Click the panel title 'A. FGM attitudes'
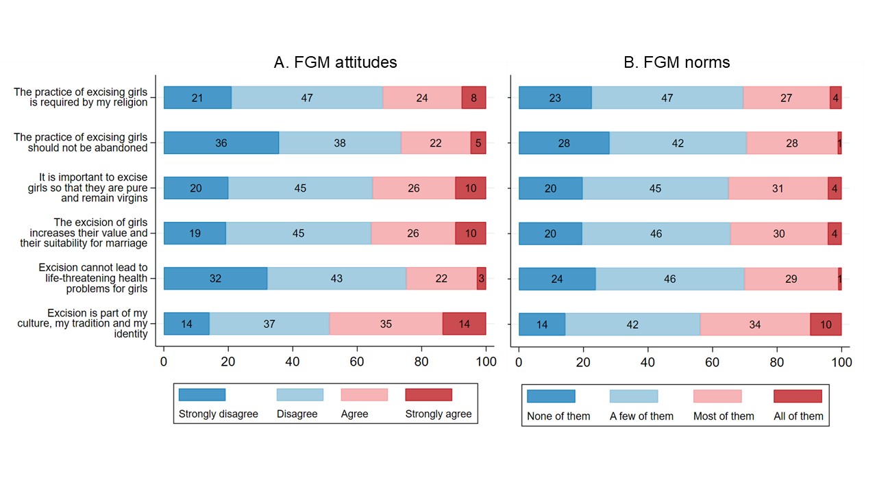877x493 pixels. [335, 62]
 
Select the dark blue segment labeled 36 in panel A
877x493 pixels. [221, 143]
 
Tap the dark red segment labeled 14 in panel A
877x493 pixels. [464, 324]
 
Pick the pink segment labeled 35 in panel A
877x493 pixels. [386, 324]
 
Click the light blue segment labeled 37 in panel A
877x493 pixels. [269, 324]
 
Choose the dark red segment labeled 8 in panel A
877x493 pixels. [473, 98]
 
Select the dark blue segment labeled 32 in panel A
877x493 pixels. [215, 279]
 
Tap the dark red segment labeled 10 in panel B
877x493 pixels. [826, 325]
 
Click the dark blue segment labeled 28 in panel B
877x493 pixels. [564, 143]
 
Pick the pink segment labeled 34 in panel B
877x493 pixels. [755, 325]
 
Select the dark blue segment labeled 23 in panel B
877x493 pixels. [556, 98]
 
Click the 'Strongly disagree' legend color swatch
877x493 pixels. [202, 394]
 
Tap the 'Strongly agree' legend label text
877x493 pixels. [438, 414]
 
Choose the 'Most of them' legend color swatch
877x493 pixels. [717, 396]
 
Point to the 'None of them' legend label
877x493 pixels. [558, 416]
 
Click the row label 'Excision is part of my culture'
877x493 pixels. [92, 323]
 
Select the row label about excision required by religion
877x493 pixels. [81, 97]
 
